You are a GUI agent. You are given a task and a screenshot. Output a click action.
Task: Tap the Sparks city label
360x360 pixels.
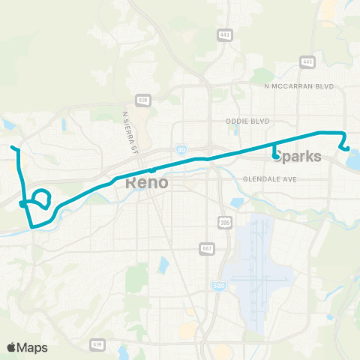(299, 157)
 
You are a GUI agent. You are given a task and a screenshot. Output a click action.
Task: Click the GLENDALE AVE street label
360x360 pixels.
(271, 180)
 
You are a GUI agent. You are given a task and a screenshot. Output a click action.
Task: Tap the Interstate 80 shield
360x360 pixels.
(181, 149)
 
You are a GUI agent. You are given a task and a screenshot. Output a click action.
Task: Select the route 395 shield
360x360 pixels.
(226, 223)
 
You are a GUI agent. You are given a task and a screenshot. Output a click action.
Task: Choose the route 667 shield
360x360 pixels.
(207, 247)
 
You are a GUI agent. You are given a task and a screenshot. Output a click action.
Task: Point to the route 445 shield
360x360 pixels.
(307, 61)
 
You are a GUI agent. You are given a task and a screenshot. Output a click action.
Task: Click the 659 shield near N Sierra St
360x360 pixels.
(142, 99)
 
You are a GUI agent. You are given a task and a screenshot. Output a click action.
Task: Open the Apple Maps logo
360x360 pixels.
(27, 346)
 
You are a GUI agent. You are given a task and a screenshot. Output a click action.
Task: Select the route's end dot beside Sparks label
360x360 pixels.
(275, 156)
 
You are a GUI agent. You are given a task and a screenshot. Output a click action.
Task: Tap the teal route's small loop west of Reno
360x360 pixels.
(42, 198)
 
